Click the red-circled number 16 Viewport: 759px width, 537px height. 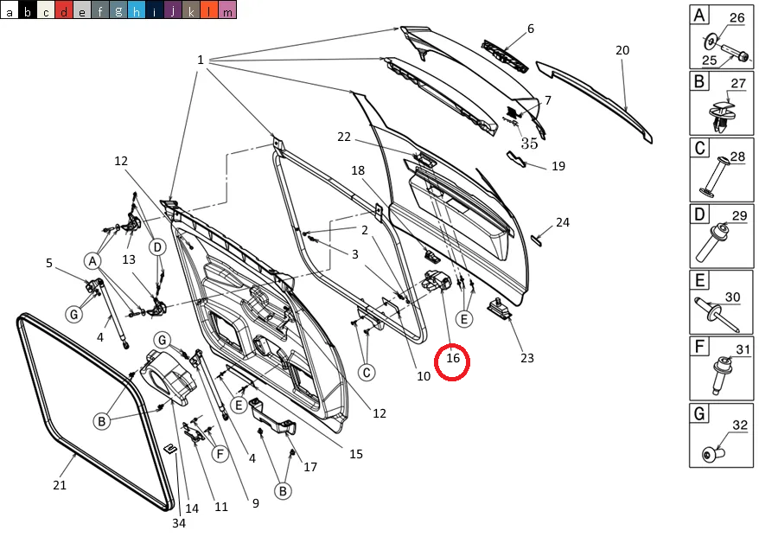pos(452,357)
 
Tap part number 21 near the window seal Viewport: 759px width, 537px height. pos(60,485)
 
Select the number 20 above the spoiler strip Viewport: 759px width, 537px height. pos(622,50)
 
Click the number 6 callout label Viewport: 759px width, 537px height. pos(531,29)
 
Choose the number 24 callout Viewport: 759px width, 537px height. pos(563,222)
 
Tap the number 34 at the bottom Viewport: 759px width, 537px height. pos(178,522)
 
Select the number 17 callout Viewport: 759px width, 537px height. pos(310,467)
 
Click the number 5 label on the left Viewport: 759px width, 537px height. pos(49,263)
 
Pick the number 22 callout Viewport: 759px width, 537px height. pos(344,137)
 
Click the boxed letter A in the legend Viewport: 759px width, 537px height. pos(699,15)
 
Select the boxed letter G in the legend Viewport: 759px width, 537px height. pos(699,414)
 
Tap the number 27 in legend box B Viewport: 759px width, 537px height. pos(738,84)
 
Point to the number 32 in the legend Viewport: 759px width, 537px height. pos(740,425)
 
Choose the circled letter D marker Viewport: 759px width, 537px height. pos(157,247)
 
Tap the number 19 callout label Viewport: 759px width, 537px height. pos(558,165)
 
